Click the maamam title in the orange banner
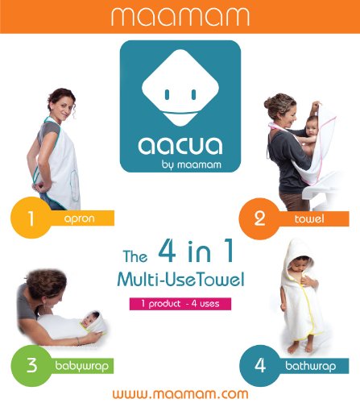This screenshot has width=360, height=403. pos(180,17)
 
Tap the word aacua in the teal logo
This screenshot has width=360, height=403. pos(180,145)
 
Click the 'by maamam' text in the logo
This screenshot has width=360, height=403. pos(192,164)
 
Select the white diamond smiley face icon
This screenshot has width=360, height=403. pos(180,88)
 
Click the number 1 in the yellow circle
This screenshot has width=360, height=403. pos(31,218)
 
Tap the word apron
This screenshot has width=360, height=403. pos(80,218)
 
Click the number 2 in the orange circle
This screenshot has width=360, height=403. pos(259,218)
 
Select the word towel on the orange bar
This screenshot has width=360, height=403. pos(309,218)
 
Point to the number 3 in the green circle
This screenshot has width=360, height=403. pos(31,365)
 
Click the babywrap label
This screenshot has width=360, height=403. pos(82,366)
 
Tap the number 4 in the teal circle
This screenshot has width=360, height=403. pos(260,365)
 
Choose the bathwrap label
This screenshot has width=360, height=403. pos(310,366)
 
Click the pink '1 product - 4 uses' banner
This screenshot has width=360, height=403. pos(180,304)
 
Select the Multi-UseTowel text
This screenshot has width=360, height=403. pos(180,280)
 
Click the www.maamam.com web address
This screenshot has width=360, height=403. pos(180,394)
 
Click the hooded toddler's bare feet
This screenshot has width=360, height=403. pos(300,347)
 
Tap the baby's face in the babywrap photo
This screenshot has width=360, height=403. pos(91,319)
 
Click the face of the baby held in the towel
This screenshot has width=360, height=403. pos(312,128)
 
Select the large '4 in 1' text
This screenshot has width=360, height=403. pos(195,251)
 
